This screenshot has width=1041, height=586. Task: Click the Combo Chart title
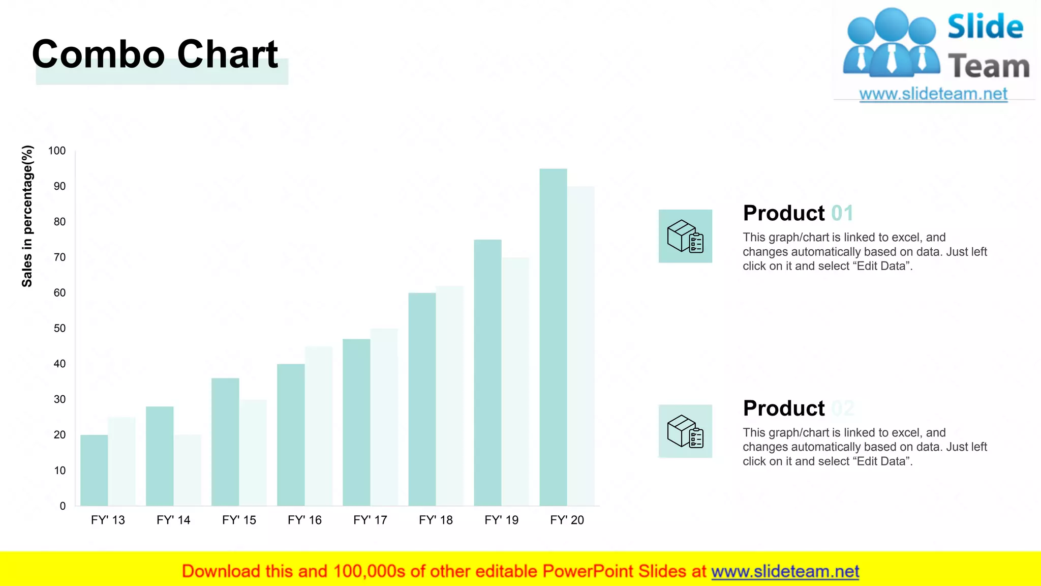coord(155,54)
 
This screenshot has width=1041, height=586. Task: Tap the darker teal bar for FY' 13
coord(94,470)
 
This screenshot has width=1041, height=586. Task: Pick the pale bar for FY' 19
coord(515,382)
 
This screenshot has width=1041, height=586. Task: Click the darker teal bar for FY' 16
coord(291,434)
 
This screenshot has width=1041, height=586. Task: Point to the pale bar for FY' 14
coord(188,470)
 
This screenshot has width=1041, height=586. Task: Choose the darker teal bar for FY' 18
coord(422,399)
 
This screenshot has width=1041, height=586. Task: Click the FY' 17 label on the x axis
coord(370,520)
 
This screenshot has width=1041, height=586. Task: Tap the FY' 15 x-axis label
coord(239,520)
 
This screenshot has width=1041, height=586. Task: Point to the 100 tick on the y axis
coord(57,151)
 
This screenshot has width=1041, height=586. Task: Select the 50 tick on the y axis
coord(59,328)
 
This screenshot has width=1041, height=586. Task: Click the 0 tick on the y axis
coord(63,506)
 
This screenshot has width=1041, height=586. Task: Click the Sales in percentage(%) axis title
coord(27,216)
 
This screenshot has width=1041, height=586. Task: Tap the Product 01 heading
coord(798,213)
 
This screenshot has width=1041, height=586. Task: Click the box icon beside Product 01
coord(685,236)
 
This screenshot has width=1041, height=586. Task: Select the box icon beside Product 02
coord(685,431)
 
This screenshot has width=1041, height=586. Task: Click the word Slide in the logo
coord(985,27)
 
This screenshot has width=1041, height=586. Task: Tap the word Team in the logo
coord(989,67)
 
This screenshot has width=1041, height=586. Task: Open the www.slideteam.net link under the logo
coord(933,94)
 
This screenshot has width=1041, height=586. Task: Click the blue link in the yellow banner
coord(785,571)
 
